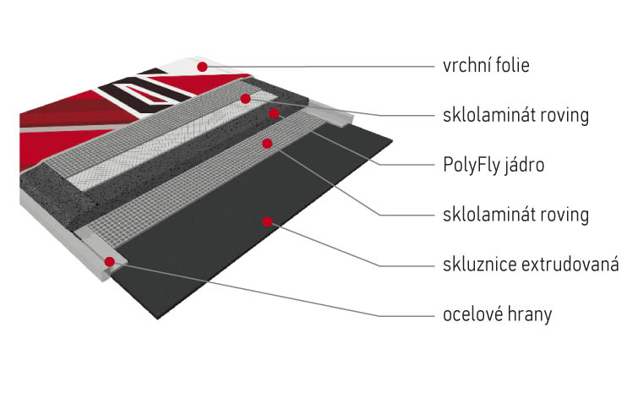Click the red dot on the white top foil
(x=201, y=65)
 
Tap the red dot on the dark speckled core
(x=272, y=112)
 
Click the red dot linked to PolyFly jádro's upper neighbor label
(x=245, y=99)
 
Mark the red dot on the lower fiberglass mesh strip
(x=267, y=144)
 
